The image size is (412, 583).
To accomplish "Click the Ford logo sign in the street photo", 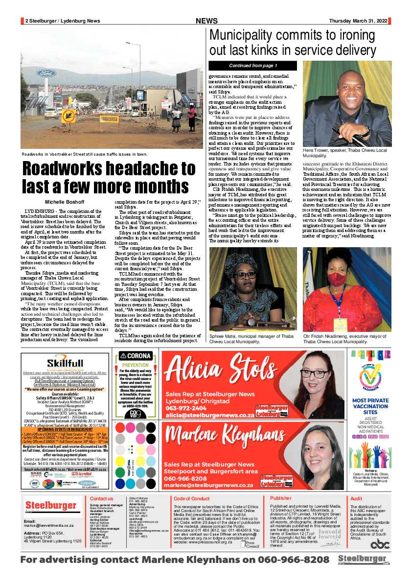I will click(x=46, y=73).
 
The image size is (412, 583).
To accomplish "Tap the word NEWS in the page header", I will click(x=206, y=21).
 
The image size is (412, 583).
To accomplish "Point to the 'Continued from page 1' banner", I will click(x=253, y=66).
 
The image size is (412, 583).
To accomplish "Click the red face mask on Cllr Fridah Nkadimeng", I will click(x=335, y=279).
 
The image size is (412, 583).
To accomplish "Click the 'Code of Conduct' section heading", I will click(x=191, y=498).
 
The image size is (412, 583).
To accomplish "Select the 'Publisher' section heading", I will click(x=281, y=498).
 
